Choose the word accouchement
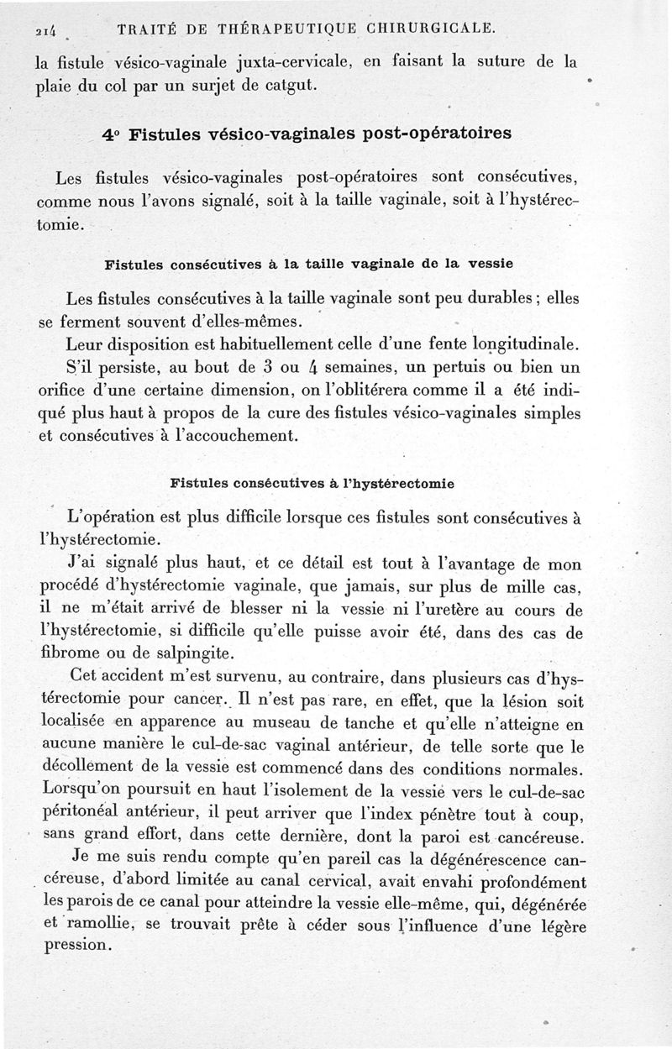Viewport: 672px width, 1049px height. (244, 436)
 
